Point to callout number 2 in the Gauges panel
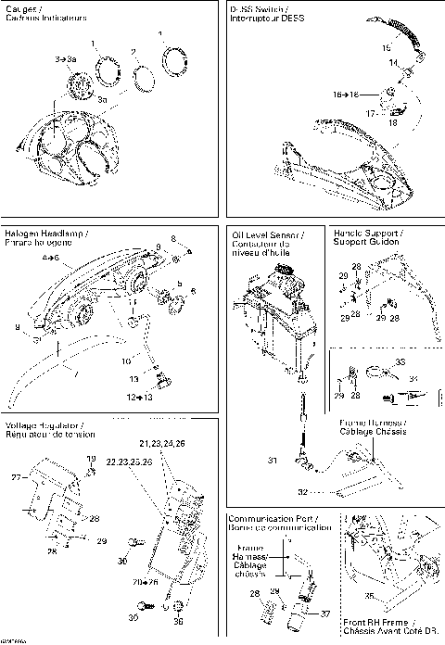point(134,52)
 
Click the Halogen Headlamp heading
point(46,234)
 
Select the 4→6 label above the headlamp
point(49,257)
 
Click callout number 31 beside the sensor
point(273,461)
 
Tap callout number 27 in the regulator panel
point(14,478)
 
